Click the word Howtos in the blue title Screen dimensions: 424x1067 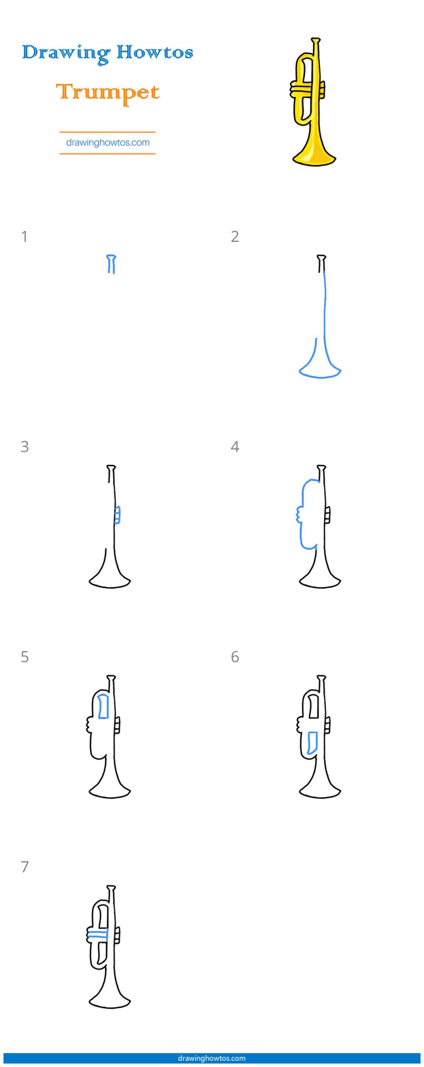pyautogui.click(x=155, y=52)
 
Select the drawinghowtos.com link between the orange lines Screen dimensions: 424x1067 pyautogui.click(x=108, y=143)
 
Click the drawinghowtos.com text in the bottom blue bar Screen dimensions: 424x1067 pyautogui.click(x=212, y=1058)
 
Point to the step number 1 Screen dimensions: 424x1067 pyautogui.click(x=25, y=236)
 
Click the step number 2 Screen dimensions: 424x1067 pyautogui.click(x=235, y=236)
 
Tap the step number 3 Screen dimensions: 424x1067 pyautogui.click(x=25, y=446)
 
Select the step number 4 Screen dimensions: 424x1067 pyautogui.click(x=235, y=446)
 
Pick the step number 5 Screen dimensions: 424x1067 pyautogui.click(x=25, y=656)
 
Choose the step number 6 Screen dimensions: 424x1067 pyautogui.click(x=235, y=656)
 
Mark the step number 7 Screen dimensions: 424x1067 pyautogui.click(x=25, y=867)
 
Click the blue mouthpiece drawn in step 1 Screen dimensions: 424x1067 pyautogui.click(x=111, y=264)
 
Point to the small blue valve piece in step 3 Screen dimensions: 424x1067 pyautogui.click(x=118, y=515)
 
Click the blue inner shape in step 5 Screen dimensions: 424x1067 pyautogui.click(x=103, y=706)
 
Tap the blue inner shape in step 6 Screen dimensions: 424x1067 pyautogui.click(x=312, y=743)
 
